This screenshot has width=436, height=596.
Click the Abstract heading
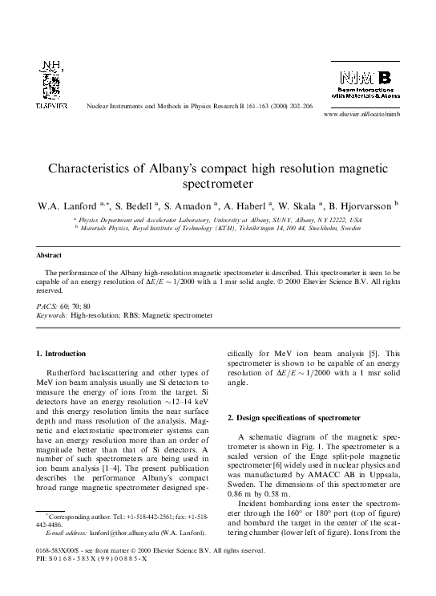tap(49, 256)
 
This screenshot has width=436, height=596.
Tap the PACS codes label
tap(47, 306)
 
